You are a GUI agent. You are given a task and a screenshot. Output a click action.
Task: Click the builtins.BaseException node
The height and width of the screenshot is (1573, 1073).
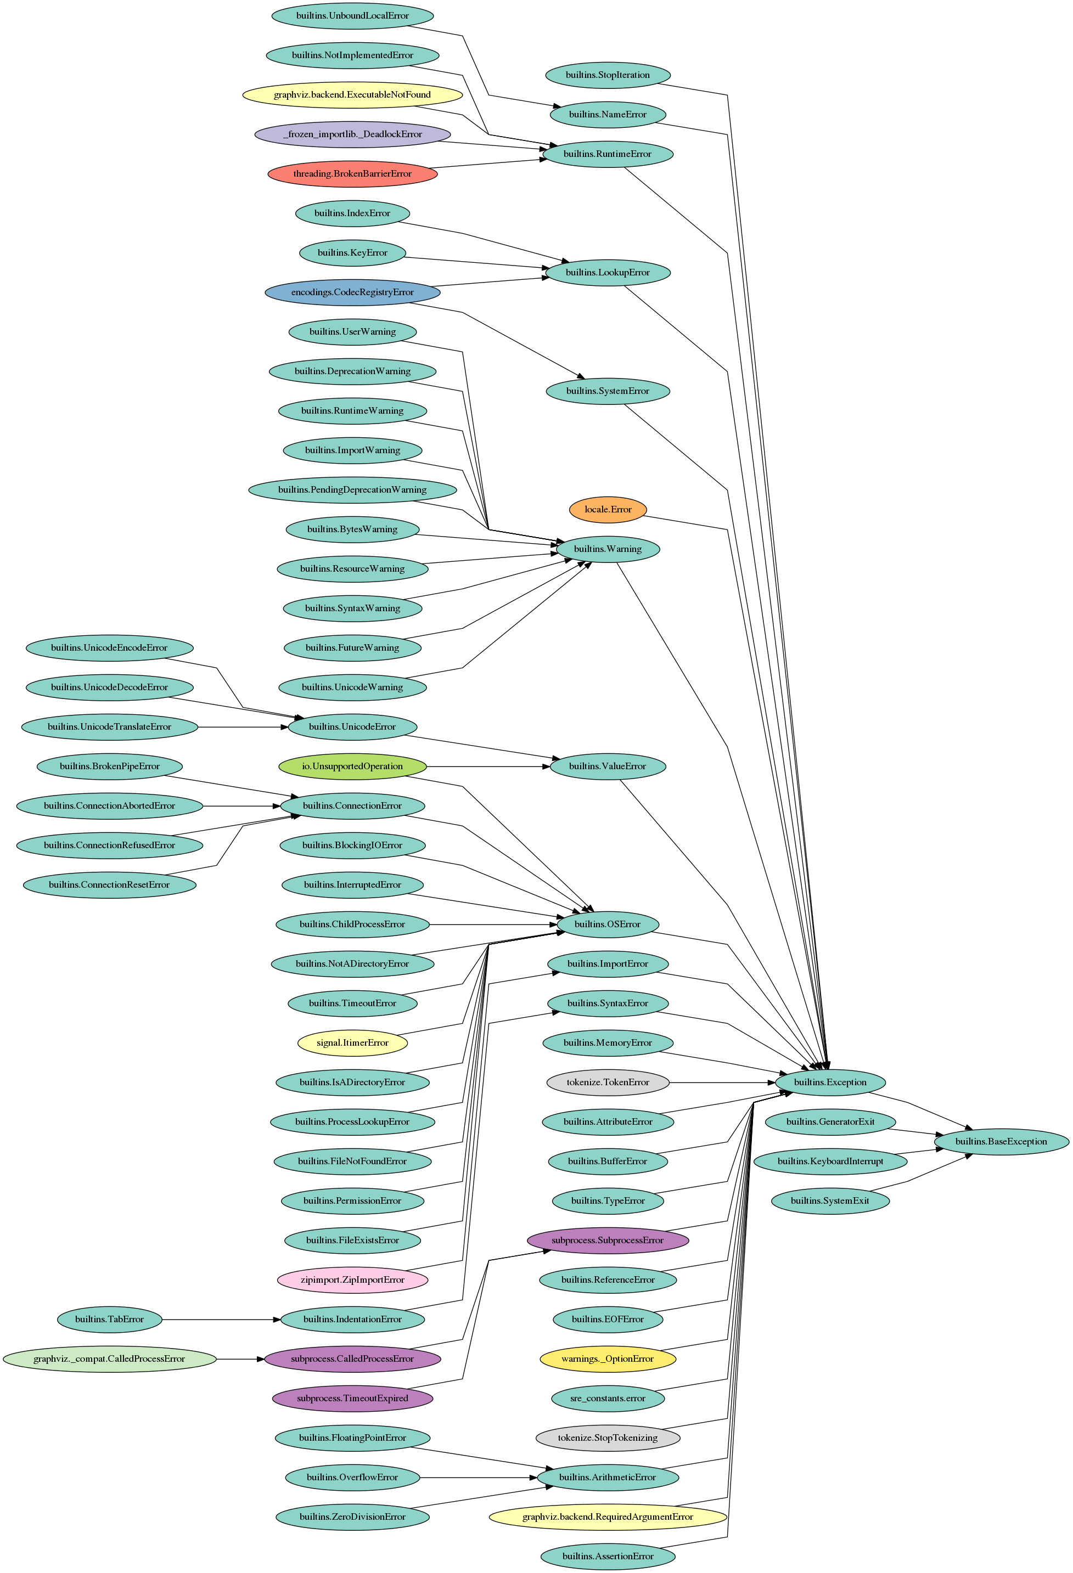[1001, 1142]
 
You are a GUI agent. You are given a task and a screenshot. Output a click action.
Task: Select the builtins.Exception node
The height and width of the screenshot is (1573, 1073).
[830, 1083]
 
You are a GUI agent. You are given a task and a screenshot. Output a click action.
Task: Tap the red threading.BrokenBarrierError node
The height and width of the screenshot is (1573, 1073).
[352, 174]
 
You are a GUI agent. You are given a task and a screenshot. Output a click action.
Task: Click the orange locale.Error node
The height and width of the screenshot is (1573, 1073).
[607, 510]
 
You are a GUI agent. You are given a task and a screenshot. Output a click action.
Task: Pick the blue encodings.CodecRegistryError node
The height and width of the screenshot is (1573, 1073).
[352, 292]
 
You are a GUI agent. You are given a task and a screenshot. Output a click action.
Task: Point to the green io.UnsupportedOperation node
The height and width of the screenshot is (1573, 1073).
[352, 766]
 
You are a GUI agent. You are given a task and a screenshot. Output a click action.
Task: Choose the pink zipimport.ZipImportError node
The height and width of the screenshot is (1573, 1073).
[352, 1280]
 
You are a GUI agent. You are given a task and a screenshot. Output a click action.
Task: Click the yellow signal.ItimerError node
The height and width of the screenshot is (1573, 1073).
[352, 1043]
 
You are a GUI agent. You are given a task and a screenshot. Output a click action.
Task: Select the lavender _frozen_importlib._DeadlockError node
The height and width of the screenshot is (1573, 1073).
[352, 134]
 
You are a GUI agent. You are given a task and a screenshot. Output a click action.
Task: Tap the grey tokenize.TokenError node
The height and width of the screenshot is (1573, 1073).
[607, 1083]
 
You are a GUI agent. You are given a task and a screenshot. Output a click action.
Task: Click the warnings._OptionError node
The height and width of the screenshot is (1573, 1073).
[607, 1359]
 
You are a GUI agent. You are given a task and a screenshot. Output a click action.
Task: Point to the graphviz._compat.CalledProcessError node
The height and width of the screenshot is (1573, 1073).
[109, 1359]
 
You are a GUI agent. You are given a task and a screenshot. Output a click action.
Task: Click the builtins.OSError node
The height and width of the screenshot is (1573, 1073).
[607, 924]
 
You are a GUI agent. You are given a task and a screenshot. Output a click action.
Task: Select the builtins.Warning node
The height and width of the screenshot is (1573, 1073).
[607, 549]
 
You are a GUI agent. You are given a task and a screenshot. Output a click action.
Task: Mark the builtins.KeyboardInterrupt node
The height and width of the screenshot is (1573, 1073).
[830, 1162]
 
